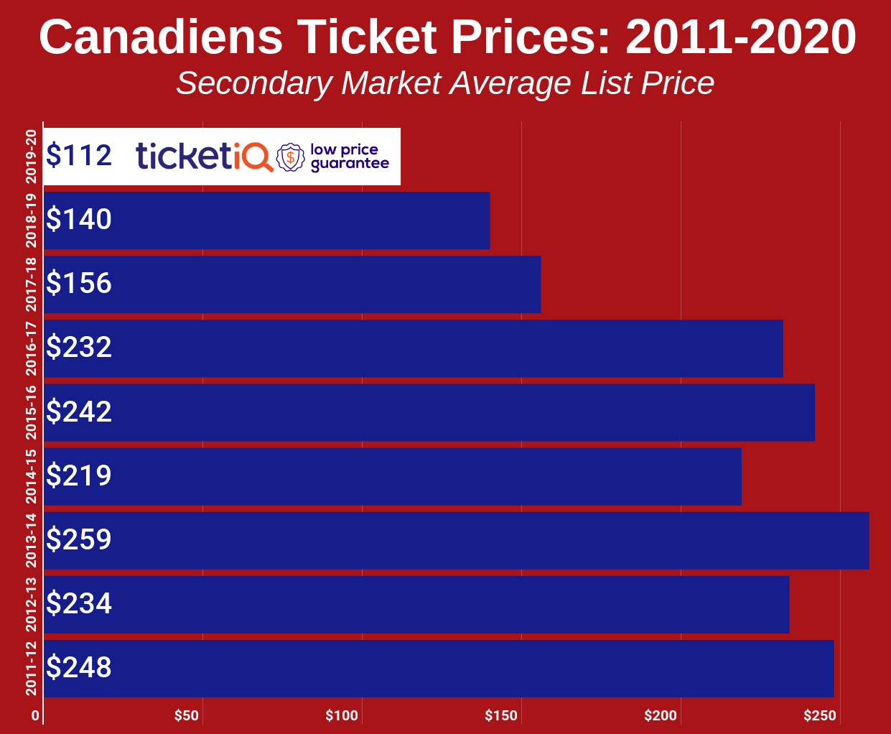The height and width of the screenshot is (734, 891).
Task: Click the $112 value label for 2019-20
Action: click(79, 156)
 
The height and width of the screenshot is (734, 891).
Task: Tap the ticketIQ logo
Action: click(205, 156)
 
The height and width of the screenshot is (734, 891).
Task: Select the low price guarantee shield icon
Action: click(290, 157)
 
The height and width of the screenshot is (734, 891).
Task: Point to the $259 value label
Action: click(79, 539)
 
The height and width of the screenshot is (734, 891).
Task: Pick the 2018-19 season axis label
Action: click(31, 220)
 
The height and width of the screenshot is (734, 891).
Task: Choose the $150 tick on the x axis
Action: click(501, 715)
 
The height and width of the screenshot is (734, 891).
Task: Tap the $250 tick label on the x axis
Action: click(820, 715)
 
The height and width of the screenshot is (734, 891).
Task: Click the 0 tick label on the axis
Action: click(35, 715)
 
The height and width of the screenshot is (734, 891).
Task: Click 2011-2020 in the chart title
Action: click(740, 37)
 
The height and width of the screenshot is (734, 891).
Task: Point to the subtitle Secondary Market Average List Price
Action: click(445, 83)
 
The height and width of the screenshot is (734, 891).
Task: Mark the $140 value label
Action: click(79, 220)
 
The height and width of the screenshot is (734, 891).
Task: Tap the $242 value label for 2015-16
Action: click(79, 412)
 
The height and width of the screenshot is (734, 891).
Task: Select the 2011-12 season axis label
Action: click(31, 669)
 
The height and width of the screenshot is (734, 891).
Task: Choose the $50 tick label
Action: click(187, 715)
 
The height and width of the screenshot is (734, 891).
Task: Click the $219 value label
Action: click(79, 475)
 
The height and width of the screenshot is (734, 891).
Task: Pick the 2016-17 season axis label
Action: click(31, 348)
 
